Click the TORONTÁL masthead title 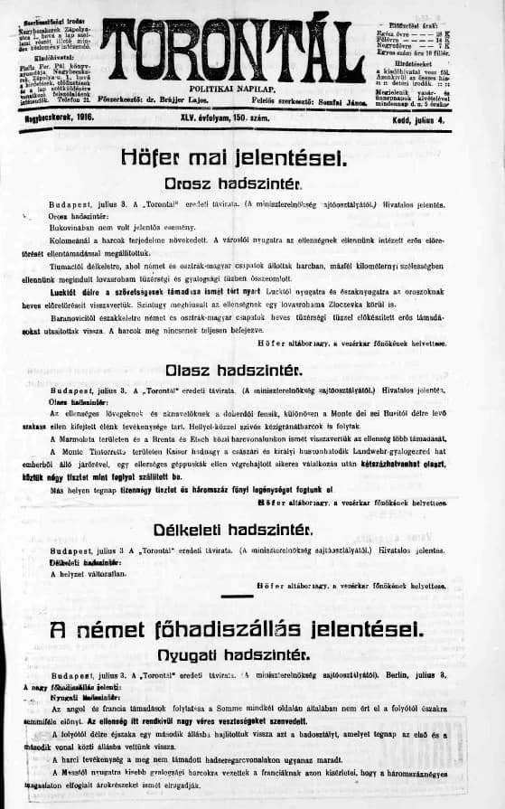tap(233, 47)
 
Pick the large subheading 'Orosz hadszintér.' tap(234, 183)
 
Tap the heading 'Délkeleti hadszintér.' tap(234, 529)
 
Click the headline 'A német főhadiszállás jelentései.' tap(234, 628)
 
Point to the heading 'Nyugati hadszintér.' tap(234, 653)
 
